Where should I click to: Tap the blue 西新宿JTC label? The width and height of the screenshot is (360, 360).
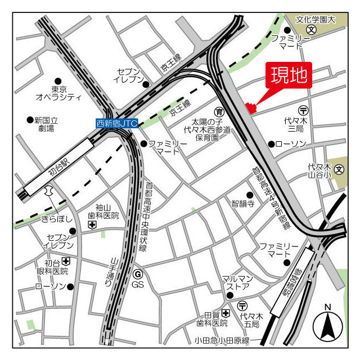pyautogui.click(x=116, y=123)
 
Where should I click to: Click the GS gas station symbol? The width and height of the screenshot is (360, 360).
pyautogui.click(x=138, y=274)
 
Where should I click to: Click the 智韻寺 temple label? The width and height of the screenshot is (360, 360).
pyautogui.click(x=243, y=204)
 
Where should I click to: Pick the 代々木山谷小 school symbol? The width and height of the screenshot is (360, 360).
pyautogui.click(x=339, y=168)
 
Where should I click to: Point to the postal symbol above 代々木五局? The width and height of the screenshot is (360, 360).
pyautogui.click(x=244, y=307)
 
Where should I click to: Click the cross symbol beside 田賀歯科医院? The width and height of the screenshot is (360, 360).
pyautogui.click(x=226, y=313)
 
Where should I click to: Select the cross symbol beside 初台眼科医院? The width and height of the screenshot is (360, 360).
pyautogui.click(x=66, y=262)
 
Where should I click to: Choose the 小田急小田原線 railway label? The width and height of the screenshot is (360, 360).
pyautogui.click(x=221, y=341)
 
